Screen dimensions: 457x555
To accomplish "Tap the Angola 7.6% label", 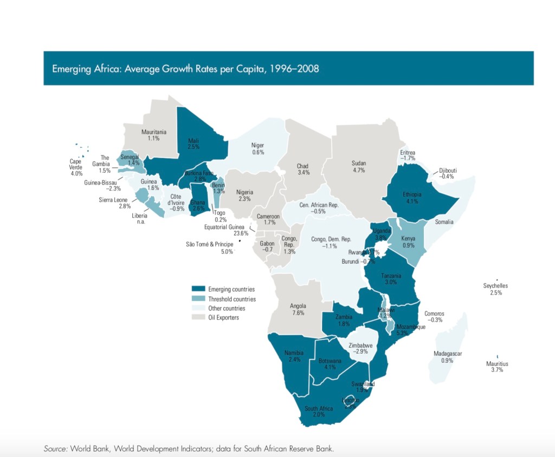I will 298,309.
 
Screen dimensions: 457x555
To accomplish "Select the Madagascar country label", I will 448,354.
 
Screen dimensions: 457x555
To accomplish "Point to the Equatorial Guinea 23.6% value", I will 241,233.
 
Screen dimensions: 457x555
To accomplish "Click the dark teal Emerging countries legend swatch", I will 198,289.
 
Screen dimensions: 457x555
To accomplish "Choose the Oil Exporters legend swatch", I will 198,317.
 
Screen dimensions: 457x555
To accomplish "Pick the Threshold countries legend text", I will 232,299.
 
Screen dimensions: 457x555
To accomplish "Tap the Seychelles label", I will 495,286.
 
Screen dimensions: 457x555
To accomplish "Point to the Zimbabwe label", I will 360,345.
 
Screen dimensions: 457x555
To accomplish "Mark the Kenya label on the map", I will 408,239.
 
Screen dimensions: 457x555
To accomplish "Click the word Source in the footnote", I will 55,448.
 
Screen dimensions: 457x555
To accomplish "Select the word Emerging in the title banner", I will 70,69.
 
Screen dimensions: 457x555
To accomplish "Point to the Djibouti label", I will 448,171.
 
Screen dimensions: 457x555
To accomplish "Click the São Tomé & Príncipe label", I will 209,244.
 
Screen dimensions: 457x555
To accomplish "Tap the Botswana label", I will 330,361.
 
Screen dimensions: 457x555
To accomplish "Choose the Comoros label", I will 434,314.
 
